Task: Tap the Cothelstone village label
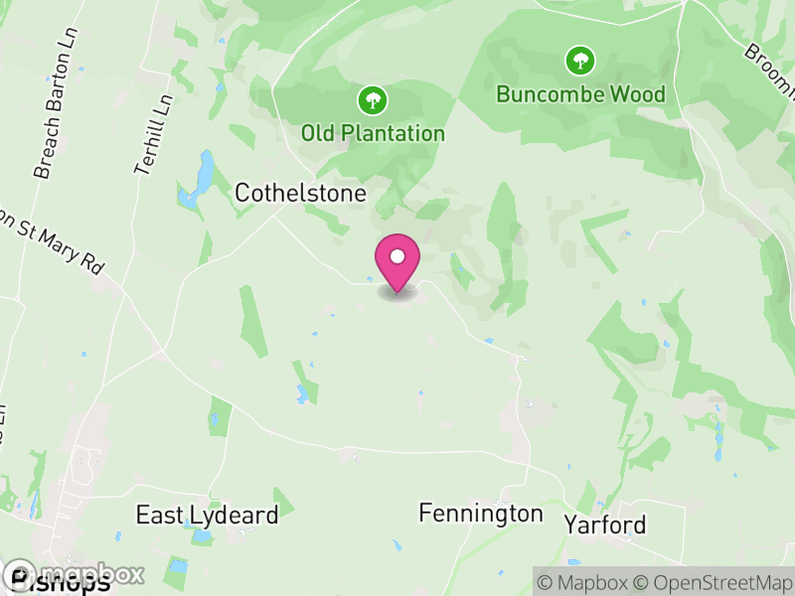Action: pyautogui.click(x=300, y=193)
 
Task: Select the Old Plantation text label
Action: pyautogui.click(x=373, y=132)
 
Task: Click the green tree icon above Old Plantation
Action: pyautogui.click(x=373, y=99)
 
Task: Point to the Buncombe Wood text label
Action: pyautogui.click(x=580, y=94)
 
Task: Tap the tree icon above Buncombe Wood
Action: pyautogui.click(x=579, y=61)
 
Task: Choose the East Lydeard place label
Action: pyautogui.click(x=207, y=515)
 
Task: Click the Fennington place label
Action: pyautogui.click(x=481, y=513)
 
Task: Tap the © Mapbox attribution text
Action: pyautogui.click(x=584, y=581)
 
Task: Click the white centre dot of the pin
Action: pyautogui.click(x=397, y=256)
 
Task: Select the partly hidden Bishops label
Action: pyautogui.click(x=60, y=585)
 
